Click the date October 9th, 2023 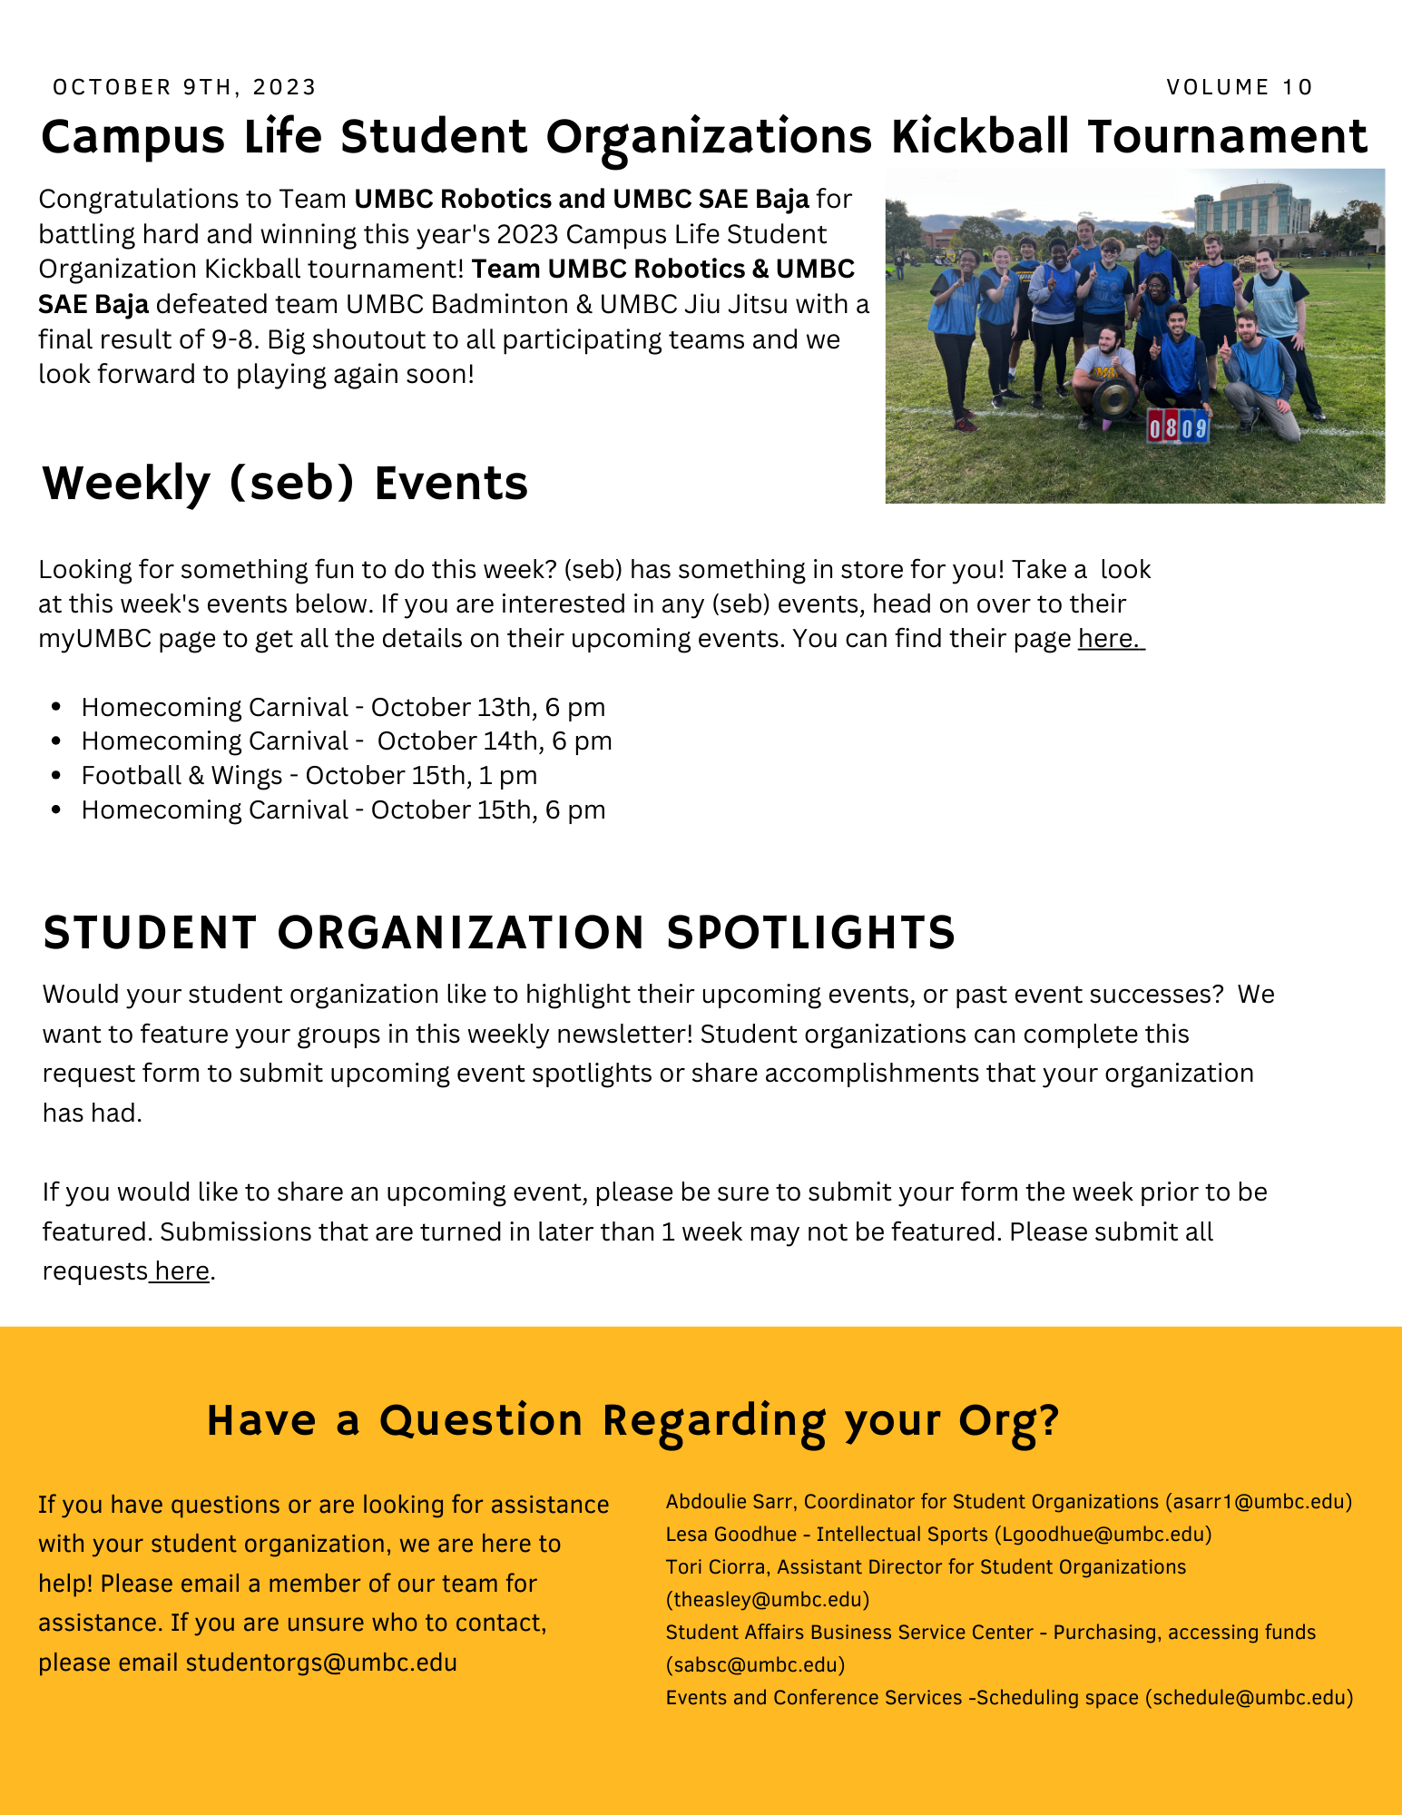[184, 87]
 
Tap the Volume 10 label [1240, 87]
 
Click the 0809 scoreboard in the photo [1178, 427]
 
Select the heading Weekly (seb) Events [284, 483]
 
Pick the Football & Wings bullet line [309, 776]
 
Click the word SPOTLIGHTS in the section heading [810, 933]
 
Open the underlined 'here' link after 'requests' [181, 1271]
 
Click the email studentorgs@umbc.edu [321, 1663]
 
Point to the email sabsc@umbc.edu [755, 1665]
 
